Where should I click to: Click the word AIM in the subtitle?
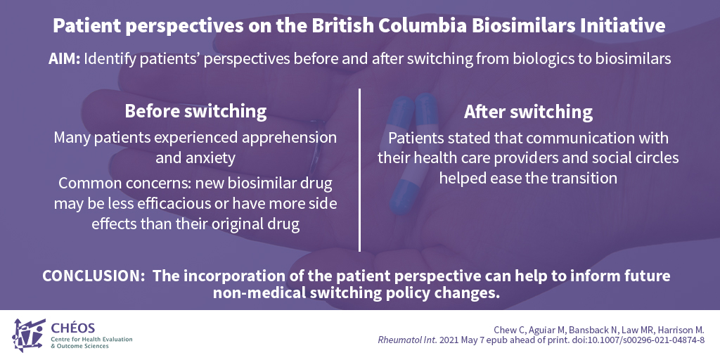pos(64,60)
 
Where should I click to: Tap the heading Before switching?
pos(195,112)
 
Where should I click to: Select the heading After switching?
pos(528,112)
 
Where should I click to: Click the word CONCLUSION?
pos(94,276)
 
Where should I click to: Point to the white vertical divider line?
pos(359,170)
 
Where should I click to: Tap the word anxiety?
pos(195,158)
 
